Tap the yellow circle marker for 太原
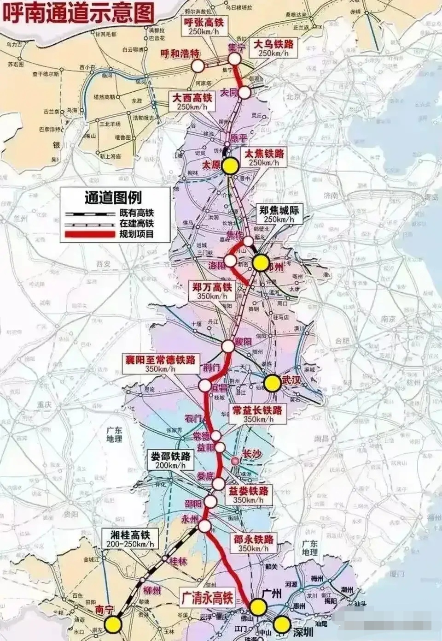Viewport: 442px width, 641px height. (230, 166)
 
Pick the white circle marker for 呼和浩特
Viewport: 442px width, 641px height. (198, 66)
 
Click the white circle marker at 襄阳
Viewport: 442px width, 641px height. (228, 346)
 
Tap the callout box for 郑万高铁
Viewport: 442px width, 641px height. (212, 291)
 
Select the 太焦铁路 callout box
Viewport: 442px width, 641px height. (264, 158)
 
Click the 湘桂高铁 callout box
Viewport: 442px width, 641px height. (134, 539)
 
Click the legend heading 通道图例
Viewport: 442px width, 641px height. (113, 198)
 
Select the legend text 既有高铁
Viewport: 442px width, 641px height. (136, 213)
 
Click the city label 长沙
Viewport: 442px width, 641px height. (251, 455)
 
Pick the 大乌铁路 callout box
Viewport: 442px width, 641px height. (273, 48)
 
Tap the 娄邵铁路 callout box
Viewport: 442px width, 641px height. (170, 460)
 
